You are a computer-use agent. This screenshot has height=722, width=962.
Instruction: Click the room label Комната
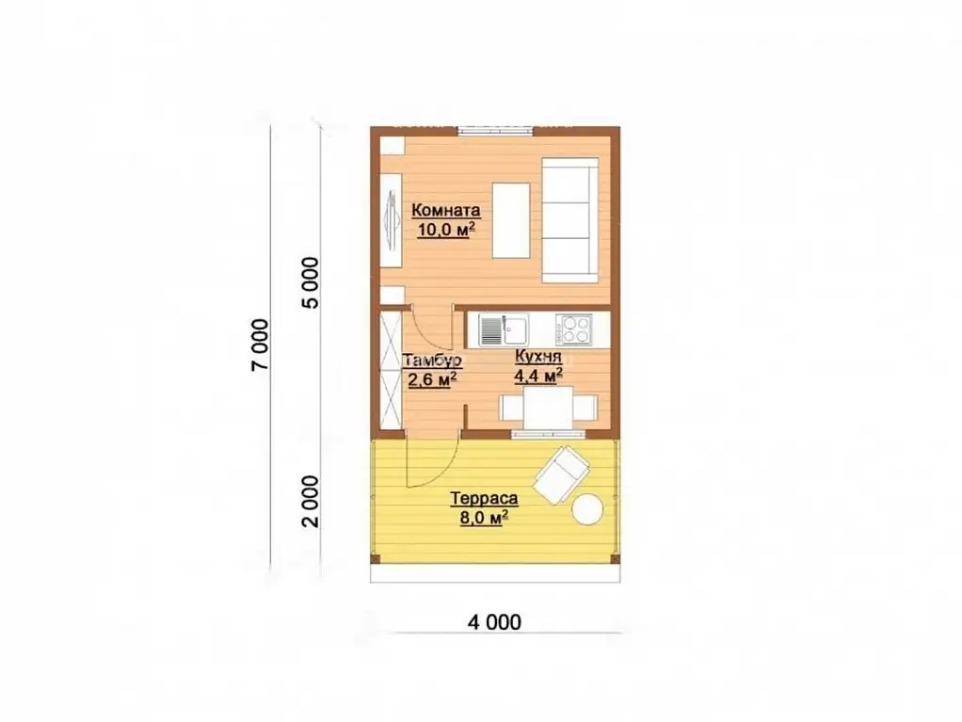click(446, 211)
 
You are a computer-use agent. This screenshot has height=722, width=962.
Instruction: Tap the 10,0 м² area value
click(446, 230)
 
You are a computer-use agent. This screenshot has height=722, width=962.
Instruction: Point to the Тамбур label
click(432, 360)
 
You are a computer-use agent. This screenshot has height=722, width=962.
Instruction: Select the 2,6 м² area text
click(432, 379)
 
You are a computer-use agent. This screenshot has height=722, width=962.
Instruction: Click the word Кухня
click(538, 357)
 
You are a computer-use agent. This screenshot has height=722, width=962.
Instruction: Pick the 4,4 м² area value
click(538, 376)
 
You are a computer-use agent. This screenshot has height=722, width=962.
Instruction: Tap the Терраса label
click(484, 498)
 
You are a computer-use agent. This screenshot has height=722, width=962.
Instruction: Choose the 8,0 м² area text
click(484, 518)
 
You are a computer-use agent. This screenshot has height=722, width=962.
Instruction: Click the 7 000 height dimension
click(260, 345)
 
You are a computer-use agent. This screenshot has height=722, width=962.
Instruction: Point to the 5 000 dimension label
click(311, 282)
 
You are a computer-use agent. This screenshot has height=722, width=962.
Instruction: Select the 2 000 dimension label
click(311, 501)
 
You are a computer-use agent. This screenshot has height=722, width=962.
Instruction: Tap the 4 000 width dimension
click(494, 622)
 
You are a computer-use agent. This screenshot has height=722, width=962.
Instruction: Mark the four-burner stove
click(573, 330)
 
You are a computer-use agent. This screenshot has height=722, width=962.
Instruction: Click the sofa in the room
click(570, 220)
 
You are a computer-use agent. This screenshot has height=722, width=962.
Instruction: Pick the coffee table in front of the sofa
click(511, 220)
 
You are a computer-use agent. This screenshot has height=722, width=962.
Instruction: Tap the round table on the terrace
click(587, 510)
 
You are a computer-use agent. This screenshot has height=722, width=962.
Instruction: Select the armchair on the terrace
click(562, 474)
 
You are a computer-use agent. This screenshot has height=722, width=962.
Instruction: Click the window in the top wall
click(496, 130)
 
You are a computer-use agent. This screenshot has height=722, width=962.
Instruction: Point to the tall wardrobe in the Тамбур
click(391, 371)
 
